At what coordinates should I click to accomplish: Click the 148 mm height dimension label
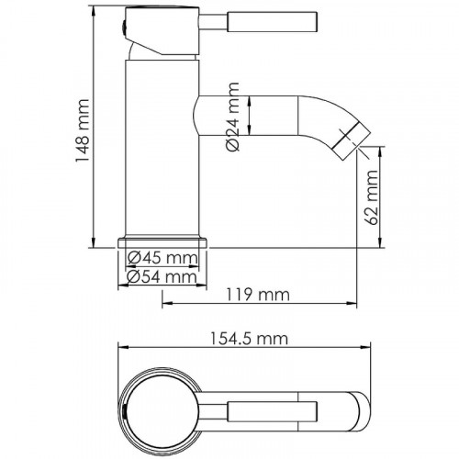click(82, 131)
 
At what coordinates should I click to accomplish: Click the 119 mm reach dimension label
click(258, 295)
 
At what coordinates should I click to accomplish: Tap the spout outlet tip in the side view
click(350, 139)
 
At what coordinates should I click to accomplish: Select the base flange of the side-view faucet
click(163, 241)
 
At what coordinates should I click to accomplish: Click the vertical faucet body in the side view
click(162, 147)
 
